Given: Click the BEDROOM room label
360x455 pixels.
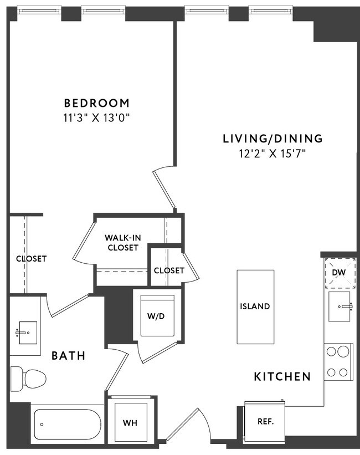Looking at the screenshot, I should (x=97, y=103).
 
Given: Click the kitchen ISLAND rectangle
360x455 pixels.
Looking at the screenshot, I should (x=255, y=306).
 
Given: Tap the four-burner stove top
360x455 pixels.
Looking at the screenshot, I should (x=338, y=361).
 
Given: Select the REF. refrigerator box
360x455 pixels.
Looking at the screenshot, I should (x=264, y=421).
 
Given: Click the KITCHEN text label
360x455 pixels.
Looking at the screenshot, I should (x=282, y=377).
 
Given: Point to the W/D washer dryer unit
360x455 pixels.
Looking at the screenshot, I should (x=158, y=316).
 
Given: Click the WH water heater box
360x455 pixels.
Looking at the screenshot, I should (x=130, y=422).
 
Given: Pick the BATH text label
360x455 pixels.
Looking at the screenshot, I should (x=69, y=355).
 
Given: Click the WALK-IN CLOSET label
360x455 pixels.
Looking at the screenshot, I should (x=122, y=243).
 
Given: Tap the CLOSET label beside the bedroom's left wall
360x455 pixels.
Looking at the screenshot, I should (x=31, y=258).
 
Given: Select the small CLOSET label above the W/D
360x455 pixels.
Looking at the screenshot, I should (x=169, y=270).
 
